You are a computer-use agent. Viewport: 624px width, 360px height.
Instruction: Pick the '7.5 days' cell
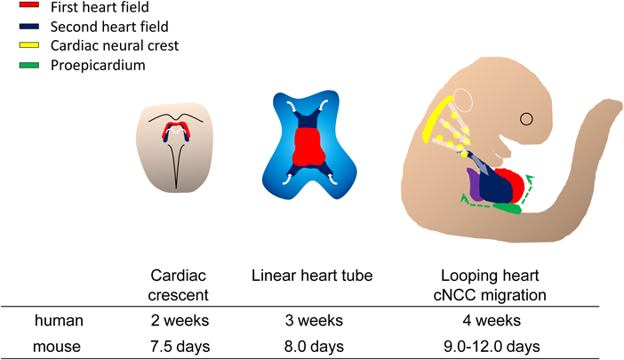coord(175,346)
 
